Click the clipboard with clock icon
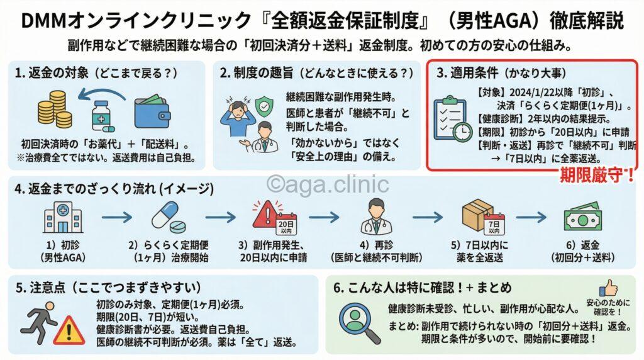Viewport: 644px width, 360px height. pyautogui.click(x=453, y=117)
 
